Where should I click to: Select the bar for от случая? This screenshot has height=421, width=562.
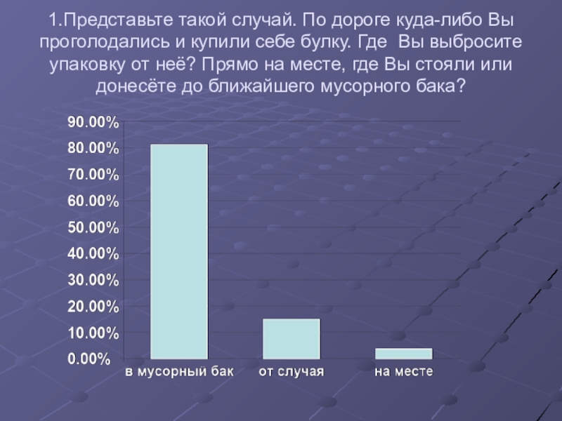tap(292, 339)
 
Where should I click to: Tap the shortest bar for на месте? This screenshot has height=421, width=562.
tap(404, 354)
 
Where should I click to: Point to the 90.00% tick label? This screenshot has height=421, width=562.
tap(93, 123)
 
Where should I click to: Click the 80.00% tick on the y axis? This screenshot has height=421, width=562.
tap(93, 149)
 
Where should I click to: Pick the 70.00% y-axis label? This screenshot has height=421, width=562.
tap(93, 175)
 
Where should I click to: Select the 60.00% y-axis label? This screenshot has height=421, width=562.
tap(93, 201)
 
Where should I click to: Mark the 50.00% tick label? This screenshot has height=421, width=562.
tap(93, 228)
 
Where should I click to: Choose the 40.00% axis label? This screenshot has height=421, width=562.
tap(93, 254)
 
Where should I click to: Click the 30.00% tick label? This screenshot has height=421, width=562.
tap(93, 281)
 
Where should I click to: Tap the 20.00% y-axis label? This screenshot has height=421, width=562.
tap(93, 307)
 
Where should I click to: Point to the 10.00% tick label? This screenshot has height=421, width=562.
tap(93, 333)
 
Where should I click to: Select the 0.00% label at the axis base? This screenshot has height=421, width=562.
tap(89, 359)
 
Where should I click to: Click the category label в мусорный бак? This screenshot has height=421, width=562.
tap(179, 371)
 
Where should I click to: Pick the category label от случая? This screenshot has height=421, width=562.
tap(292, 371)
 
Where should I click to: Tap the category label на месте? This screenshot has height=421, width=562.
tap(403, 371)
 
